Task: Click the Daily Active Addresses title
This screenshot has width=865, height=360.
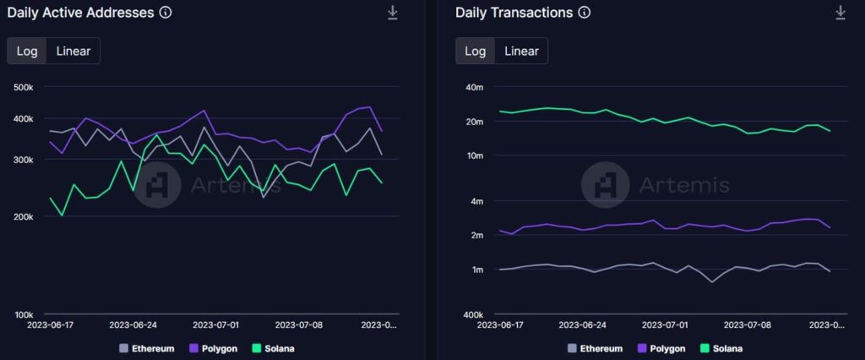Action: coord(81,13)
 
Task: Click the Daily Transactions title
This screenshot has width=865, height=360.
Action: coord(514,13)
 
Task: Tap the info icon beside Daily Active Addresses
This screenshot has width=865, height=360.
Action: coord(166,13)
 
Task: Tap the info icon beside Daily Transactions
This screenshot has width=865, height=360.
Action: coord(584,13)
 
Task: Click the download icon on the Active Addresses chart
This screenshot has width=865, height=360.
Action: coord(393,13)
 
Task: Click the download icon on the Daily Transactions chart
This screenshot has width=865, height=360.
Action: coord(841,13)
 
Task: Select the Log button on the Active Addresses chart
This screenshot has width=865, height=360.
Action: coord(27,51)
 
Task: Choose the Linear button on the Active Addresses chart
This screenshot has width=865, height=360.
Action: coord(73,51)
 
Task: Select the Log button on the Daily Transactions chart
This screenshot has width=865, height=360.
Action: coord(476,51)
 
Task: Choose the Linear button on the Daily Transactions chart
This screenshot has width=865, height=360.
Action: coord(521,51)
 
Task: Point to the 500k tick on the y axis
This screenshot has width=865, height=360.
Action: coord(23,87)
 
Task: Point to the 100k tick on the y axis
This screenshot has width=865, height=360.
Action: coord(23,315)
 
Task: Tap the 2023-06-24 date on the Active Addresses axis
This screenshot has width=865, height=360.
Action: coord(133,325)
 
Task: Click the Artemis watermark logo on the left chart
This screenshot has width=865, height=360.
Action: coord(158,184)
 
